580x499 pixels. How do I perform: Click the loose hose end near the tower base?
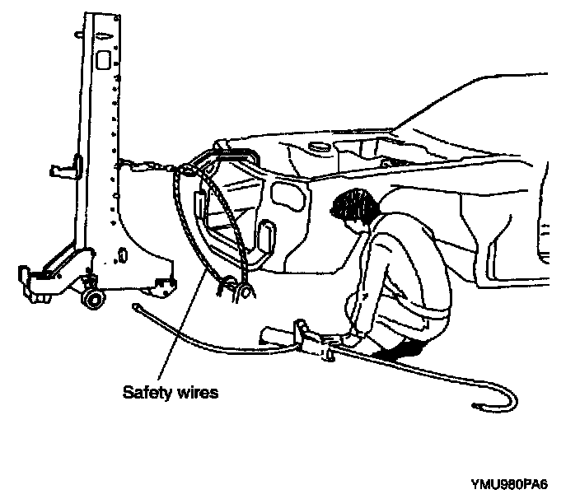point(138,308)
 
